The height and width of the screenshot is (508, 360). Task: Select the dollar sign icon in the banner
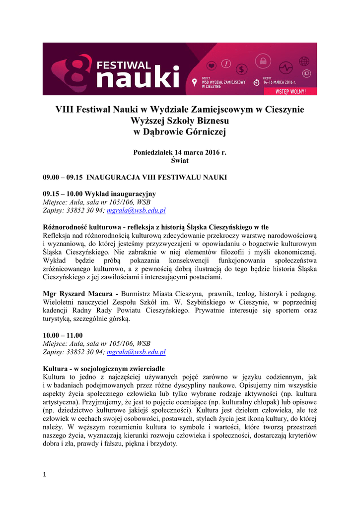pos(242,68)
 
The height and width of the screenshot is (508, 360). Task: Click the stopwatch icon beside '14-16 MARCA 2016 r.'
pos(256,82)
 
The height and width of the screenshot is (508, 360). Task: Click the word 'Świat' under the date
pos(180,161)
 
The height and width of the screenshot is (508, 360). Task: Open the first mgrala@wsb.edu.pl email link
pos(136,210)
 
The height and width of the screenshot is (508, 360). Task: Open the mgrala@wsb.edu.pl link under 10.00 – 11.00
pos(136,352)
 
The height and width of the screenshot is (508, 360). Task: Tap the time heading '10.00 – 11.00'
pos(63,335)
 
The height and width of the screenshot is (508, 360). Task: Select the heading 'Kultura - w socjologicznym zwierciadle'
pos(104,369)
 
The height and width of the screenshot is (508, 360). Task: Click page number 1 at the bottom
pos(45,475)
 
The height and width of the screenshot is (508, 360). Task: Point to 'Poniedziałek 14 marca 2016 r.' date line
pos(180,152)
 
